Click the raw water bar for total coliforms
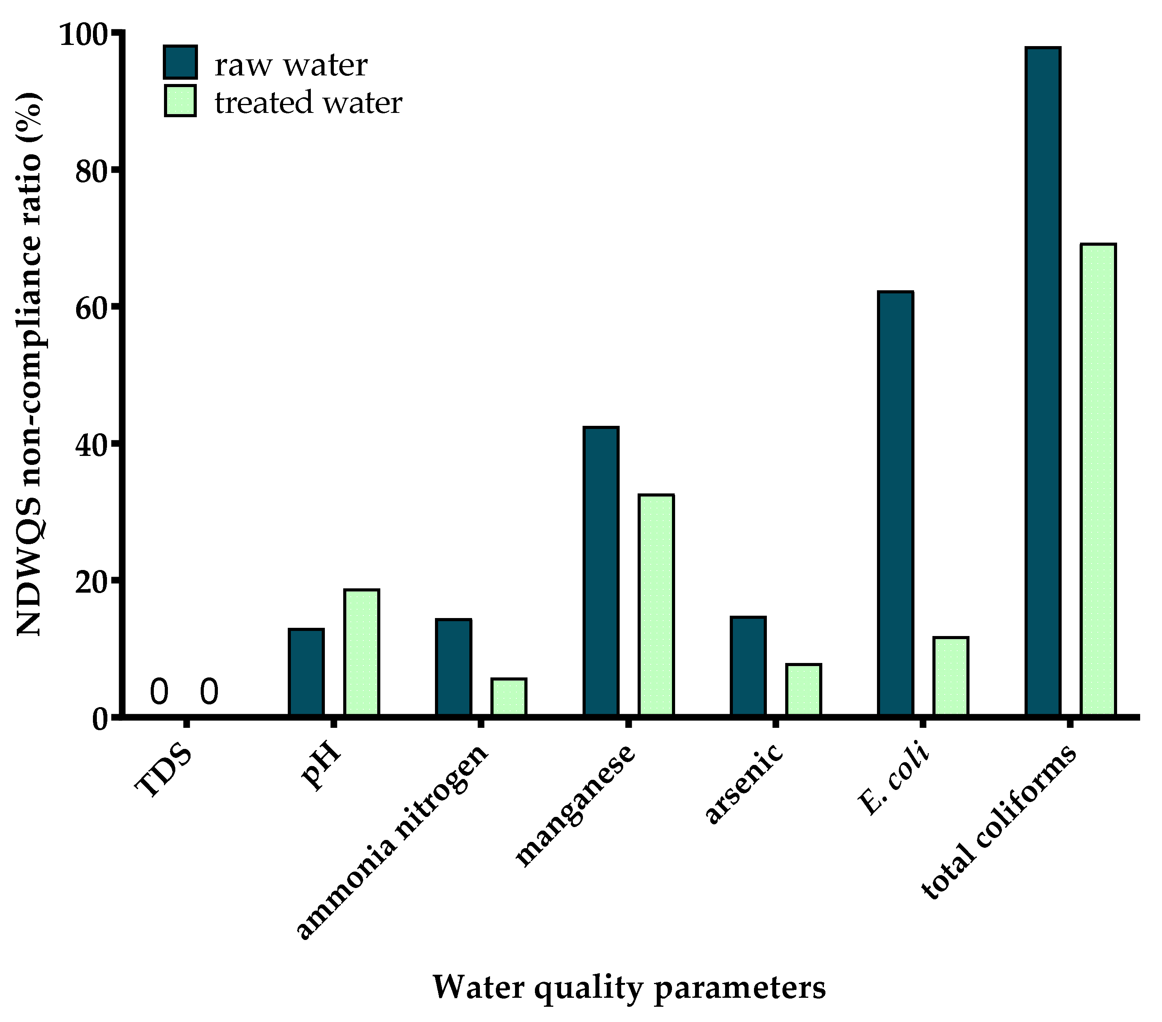pos(1043,381)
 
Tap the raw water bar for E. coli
pos(895,503)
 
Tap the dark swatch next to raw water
pos(180,62)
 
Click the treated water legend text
pos(308,103)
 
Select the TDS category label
pos(163,771)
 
